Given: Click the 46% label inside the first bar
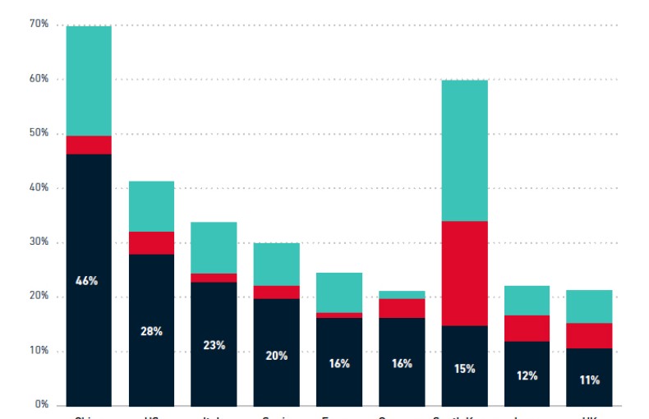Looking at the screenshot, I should coord(88,281).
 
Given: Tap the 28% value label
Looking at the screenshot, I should coord(151,331).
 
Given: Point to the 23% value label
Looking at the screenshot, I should coord(214,345).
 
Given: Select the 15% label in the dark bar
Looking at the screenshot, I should coord(464,369).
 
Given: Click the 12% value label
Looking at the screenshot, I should coord(527,376).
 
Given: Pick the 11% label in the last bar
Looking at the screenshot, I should coord(589,380).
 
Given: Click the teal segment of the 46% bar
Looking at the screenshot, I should coord(89,81).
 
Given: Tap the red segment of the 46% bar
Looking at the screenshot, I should coord(89,145).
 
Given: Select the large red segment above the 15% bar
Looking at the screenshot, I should coord(464,274).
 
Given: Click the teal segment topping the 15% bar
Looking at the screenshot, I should coord(464,150).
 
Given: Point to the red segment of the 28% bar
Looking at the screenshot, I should coord(151,243).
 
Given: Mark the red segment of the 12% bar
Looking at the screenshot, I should coord(527,328).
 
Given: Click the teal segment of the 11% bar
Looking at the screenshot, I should coord(589,306).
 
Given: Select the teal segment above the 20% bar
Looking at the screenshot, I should coord(276,264).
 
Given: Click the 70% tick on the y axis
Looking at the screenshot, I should coord(39,25).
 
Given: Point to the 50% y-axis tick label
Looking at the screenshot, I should coord(39,133).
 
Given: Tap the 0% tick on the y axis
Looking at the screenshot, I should coord(42,405).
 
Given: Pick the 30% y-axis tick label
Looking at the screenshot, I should coord(39,242).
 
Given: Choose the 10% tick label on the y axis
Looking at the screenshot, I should coord(39,351).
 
